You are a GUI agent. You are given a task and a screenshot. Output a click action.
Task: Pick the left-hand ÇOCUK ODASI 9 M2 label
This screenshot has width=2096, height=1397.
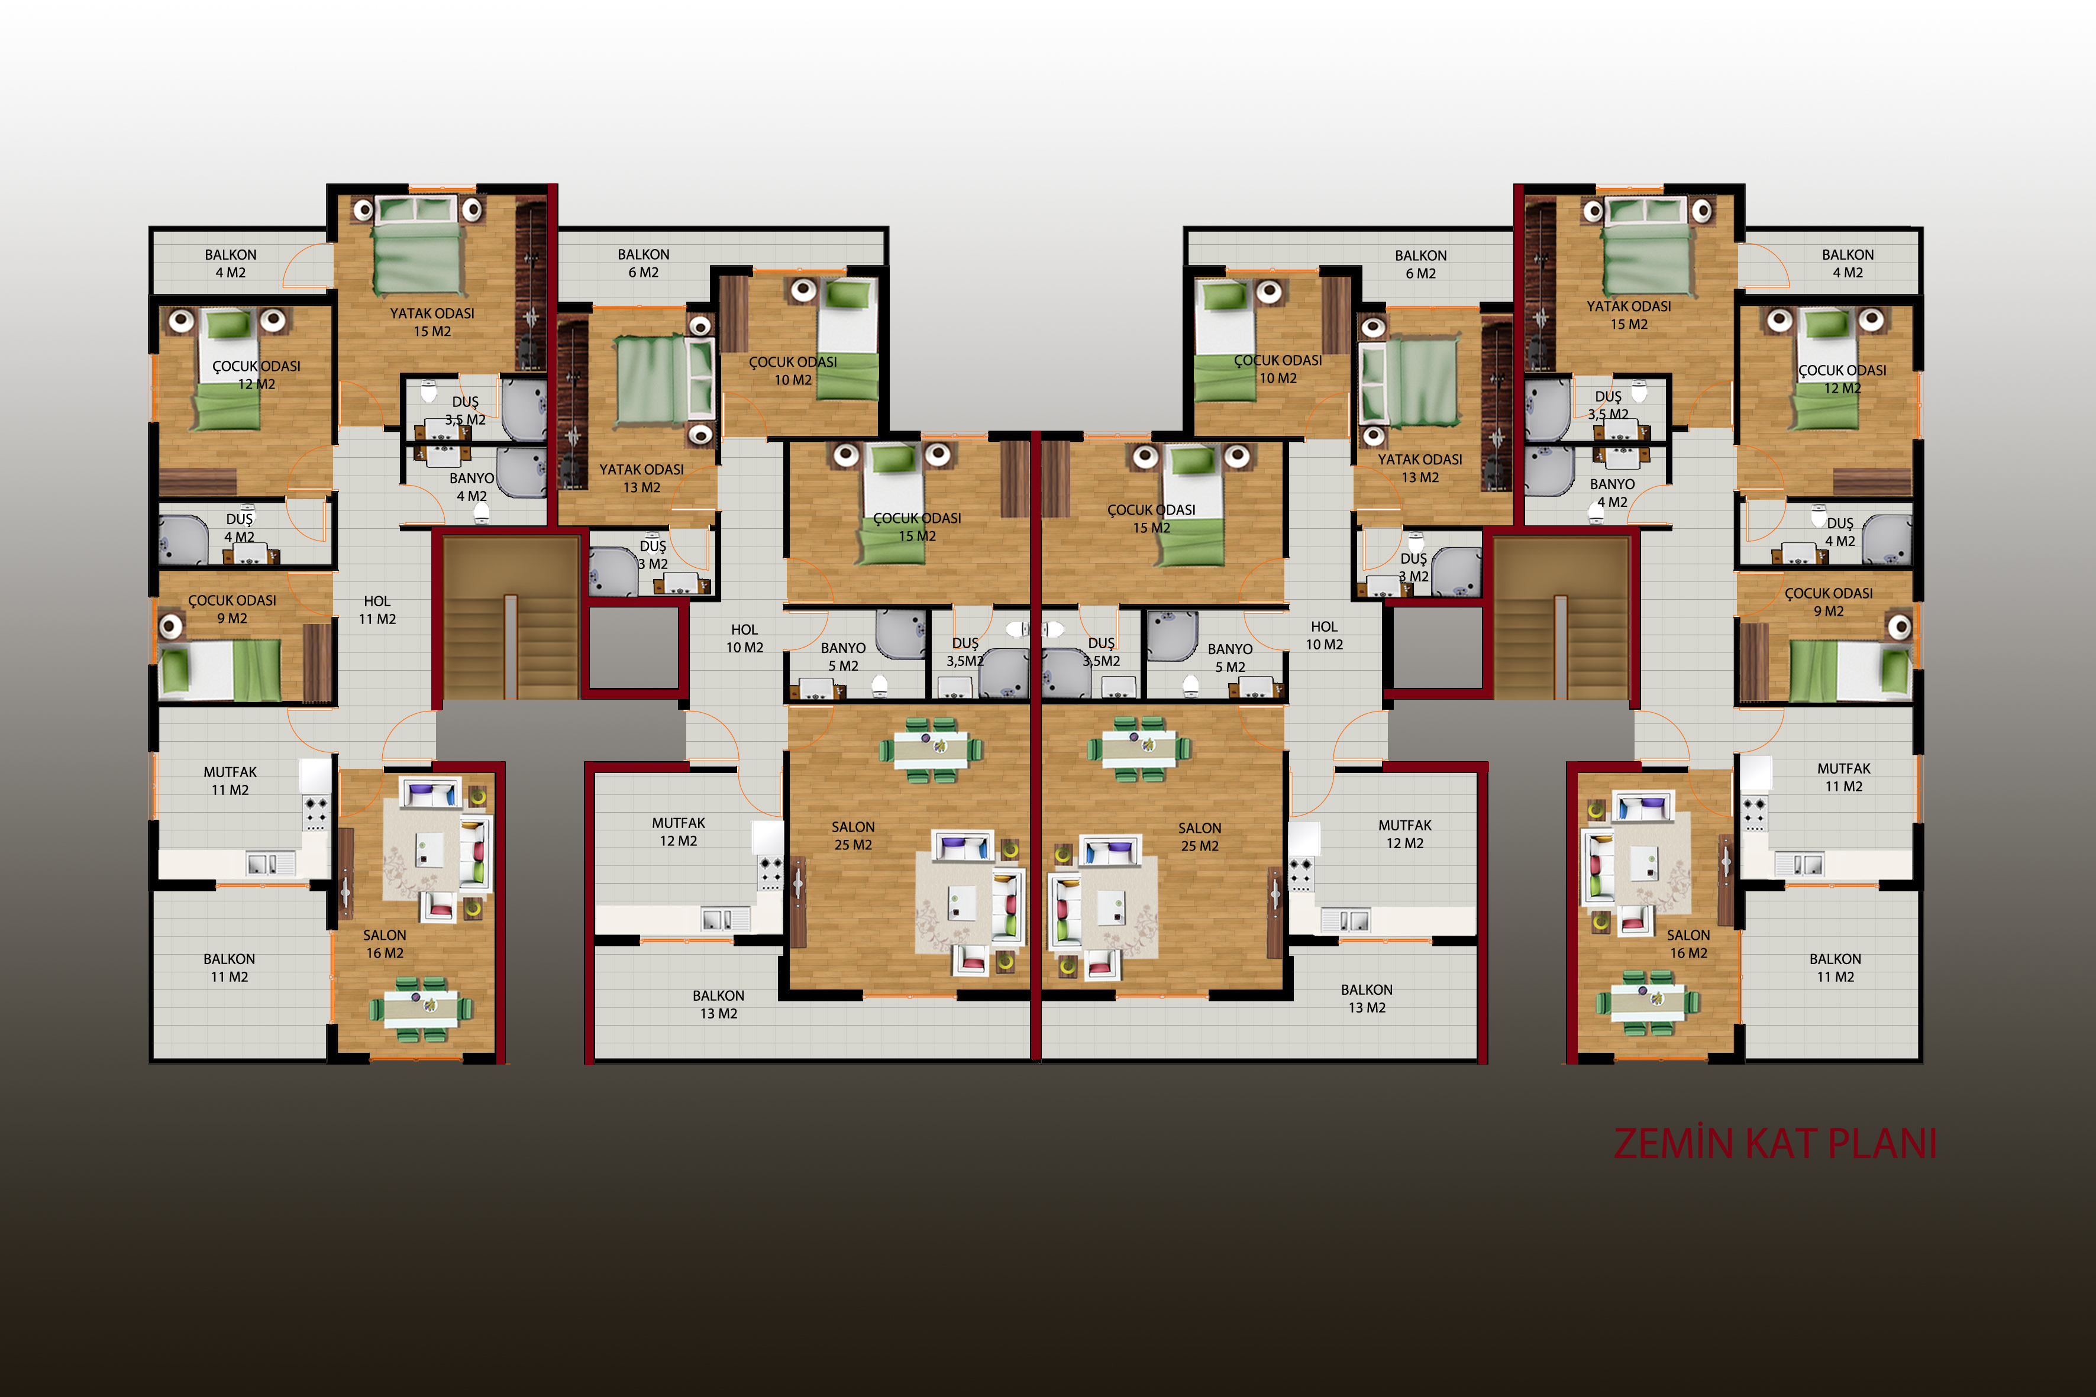(232, 609)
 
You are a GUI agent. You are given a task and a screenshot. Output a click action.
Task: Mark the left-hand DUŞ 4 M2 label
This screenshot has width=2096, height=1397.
(239, 528)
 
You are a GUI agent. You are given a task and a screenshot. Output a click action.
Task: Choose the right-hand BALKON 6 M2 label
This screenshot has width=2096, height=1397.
(1420, 264)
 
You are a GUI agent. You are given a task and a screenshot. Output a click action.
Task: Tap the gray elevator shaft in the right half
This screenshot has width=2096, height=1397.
(1438, 647)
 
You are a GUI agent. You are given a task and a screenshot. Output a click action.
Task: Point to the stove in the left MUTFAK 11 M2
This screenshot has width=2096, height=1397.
(315, 811)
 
